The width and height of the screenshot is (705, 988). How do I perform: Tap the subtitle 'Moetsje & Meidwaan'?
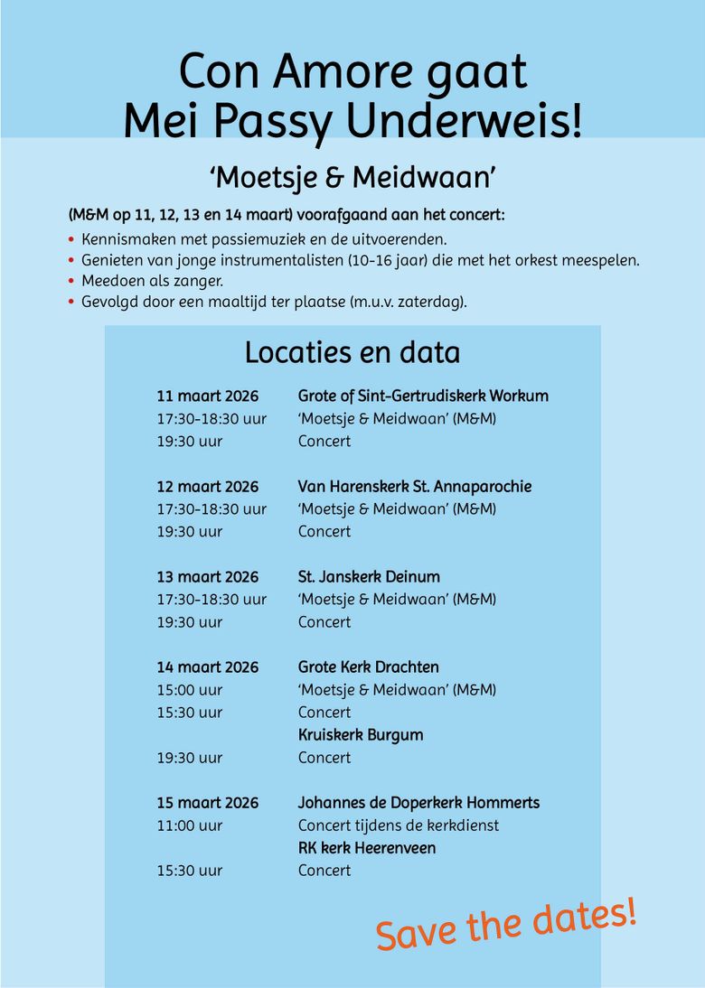[x=352, y=177]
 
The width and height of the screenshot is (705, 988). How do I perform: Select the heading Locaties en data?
[x=352, y=351]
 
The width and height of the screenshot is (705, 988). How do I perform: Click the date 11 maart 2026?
[x=208, y=396]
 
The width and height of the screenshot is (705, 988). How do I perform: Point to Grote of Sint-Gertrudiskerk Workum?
[x=423, y=396]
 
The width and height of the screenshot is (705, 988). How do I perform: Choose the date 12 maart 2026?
[x=208, y=487]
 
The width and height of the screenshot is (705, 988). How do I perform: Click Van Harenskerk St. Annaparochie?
[x=415, y=487]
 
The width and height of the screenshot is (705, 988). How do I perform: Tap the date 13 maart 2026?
[x=208, y=577]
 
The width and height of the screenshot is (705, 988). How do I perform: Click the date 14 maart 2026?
[x=208, y=667]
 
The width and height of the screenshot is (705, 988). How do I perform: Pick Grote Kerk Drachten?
[x=369, y=667]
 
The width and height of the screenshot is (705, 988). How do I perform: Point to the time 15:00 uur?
[x=190, y=690]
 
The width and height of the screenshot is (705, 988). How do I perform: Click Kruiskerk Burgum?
[x=361, y=735]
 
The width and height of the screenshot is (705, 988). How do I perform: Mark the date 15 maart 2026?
[x=208, y=803]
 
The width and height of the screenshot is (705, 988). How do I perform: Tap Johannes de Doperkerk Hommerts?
[x=418, y=803]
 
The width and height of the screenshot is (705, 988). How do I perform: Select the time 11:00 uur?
[x=190, y=825]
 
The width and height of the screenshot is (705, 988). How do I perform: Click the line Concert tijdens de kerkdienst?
[x=399, y=825]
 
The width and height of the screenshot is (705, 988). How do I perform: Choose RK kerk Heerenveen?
[x=367, y=848]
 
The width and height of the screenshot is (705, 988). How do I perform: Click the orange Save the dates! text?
[x=506, y=923]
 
